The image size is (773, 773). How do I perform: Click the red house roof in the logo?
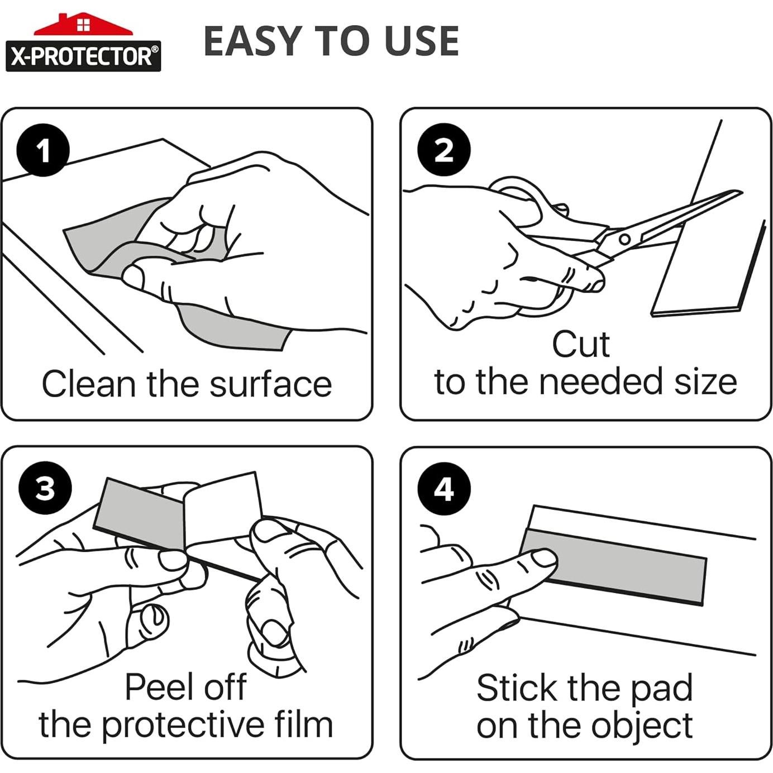pos(83,26)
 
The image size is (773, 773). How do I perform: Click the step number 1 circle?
pos(43,150)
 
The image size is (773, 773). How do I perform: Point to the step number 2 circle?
pos(443,150)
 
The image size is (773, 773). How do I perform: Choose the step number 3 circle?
pos(45,489)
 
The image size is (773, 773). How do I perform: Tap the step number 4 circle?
pos(443,489)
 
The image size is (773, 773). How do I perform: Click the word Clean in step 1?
pos(89,384)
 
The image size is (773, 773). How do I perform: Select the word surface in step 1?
pos(271,384)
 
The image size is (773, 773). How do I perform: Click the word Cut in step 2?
pos(581,344)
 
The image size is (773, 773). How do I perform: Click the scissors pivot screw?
pos(624,240)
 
